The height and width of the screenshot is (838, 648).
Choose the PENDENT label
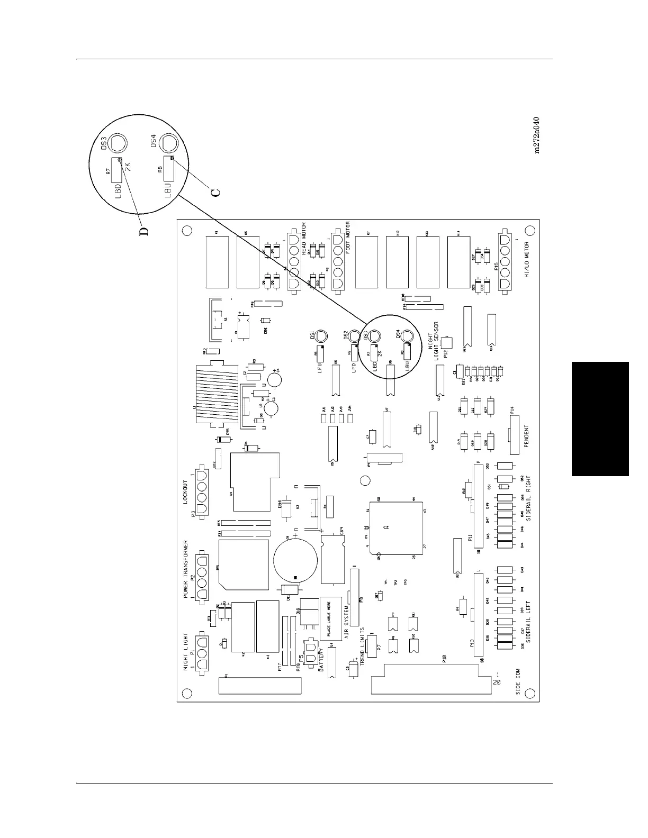(x=527, y=436)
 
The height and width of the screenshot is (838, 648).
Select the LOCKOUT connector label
(x=185, y=493)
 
